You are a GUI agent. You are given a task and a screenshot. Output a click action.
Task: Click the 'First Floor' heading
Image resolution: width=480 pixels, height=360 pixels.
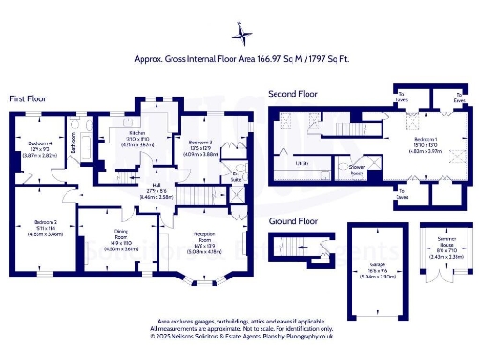pos(29,98)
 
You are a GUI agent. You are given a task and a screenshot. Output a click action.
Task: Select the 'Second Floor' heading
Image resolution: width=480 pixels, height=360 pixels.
pos(292,94)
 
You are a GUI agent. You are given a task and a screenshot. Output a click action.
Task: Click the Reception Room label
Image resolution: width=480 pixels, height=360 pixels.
pos(206,245)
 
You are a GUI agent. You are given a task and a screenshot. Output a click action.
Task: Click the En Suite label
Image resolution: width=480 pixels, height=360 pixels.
pos(237,175)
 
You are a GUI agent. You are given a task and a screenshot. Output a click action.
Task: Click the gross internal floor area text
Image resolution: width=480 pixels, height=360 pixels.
pos(241,58)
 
